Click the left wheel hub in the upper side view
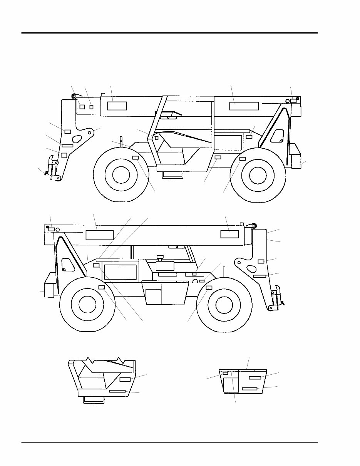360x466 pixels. (120, 175)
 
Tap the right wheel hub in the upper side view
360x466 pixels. (258, 175)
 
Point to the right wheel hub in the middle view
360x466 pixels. (224, 305)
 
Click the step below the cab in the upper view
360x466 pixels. (173, 175)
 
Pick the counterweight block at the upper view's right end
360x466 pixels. (295, 156)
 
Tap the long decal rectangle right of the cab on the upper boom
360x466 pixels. (244, 106)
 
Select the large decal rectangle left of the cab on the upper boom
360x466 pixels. (117, 106)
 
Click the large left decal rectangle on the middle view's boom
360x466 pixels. (99, 235)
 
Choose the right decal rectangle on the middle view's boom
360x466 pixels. (229, 234)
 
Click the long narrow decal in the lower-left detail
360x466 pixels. (117, 391)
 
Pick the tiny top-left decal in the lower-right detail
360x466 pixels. (225, 374)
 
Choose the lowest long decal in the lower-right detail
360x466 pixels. (249, 389)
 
